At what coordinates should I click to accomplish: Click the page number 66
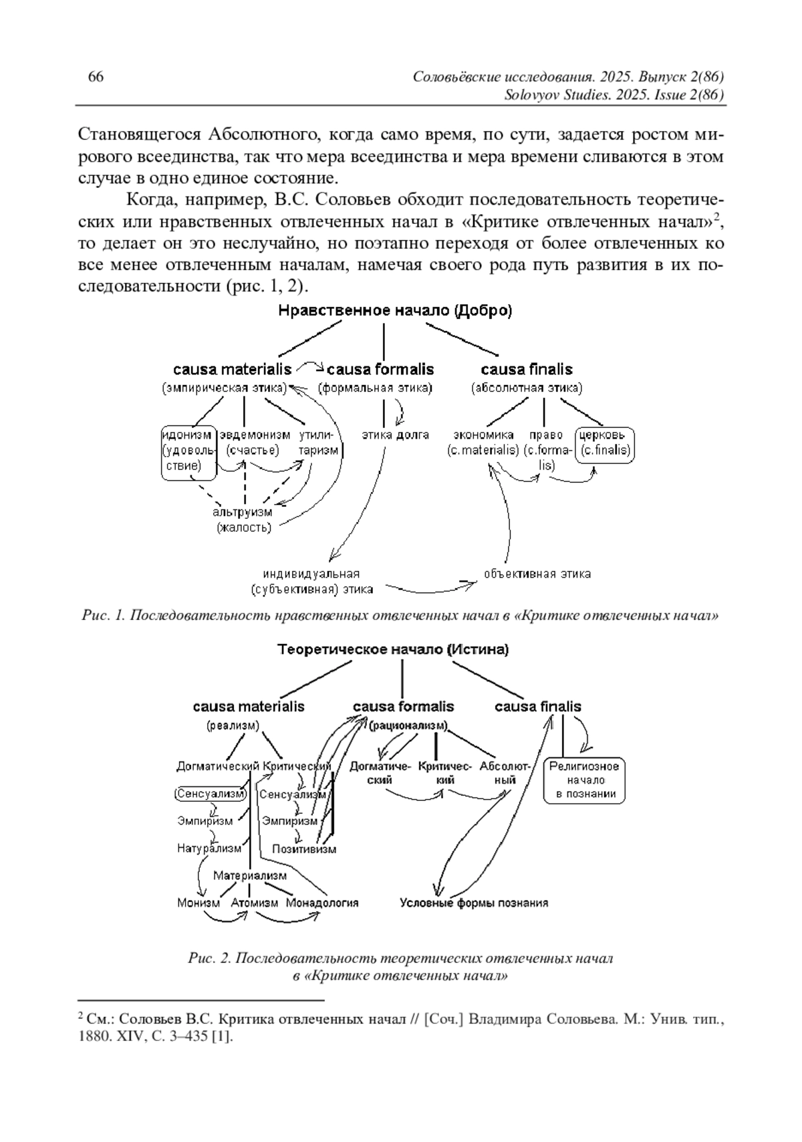(x=96, y=77)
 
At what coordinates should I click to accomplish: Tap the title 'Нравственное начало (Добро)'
(x=395, y=311)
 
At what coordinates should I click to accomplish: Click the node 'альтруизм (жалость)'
(x=243, y=520)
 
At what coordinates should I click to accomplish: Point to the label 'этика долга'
(x=395, y=435)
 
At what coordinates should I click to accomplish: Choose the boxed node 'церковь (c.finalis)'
(x=606, y=443)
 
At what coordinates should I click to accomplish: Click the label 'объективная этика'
(x=537, y=574)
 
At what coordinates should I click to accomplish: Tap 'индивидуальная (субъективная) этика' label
(x=311, y=581)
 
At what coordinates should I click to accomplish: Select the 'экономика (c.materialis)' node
(x=483, y=443)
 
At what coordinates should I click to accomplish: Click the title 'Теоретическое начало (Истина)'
(x=393, y=649)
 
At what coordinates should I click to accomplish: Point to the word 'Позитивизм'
(x=304, y=849)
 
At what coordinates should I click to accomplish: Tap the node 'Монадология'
(x=322, y=903)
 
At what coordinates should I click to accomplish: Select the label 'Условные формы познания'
(x=474, y=903)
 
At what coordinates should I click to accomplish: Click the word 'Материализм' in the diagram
(x=250, y=875)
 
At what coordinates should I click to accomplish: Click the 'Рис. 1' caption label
(x=103, y=615)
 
